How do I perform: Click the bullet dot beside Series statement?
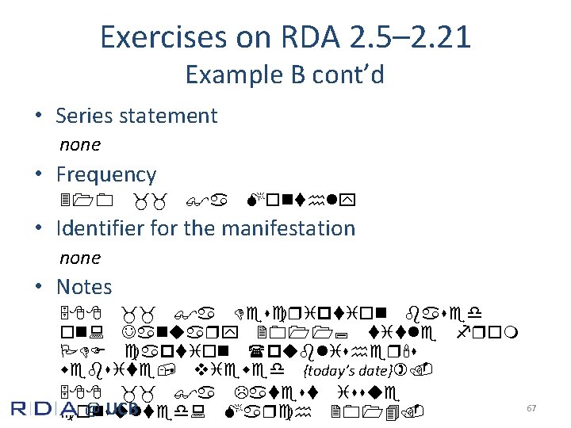[38, 116]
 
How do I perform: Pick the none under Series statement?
[80, 144]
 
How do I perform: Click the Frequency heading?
[105, 174]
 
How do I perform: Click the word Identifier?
[94, 228]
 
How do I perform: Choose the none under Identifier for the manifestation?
[80, 258]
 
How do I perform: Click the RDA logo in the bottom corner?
[48, 409]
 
